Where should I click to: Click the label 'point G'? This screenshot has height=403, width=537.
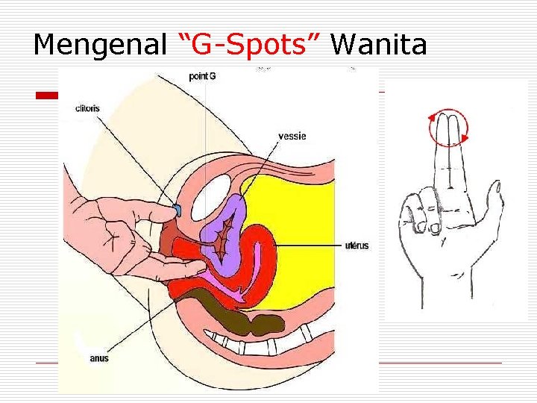coord(202,76)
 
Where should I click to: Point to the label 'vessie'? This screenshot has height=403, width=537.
coord(292,136)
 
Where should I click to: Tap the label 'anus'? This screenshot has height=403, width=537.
coord(98,358)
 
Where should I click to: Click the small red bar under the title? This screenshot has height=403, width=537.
coord(48,96)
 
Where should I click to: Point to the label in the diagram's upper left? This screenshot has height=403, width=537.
coord(87,108)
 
